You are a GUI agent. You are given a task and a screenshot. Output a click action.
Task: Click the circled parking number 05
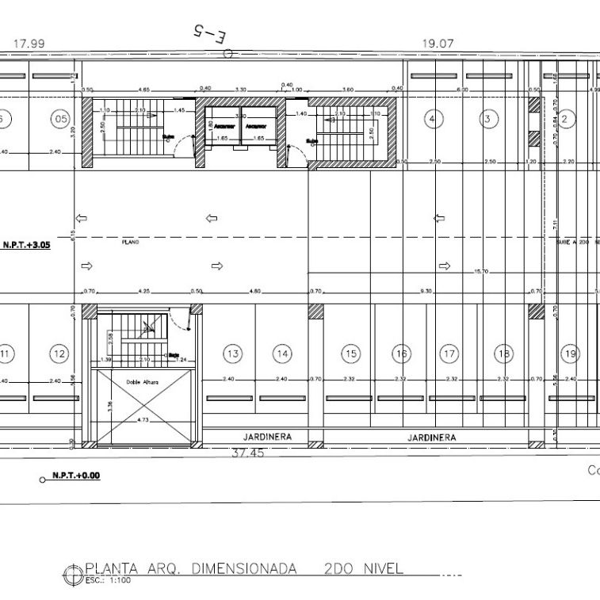(x=60, y=120)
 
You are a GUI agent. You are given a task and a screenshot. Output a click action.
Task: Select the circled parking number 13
(x=232, y=354)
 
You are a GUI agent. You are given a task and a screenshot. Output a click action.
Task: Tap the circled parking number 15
(x=350, y=354)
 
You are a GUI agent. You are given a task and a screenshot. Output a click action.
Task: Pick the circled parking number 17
(x=449, y=354)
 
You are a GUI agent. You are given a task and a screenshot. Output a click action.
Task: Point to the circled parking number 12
(x=59, y=354)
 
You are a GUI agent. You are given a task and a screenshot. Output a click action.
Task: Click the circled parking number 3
(x=488, y=120)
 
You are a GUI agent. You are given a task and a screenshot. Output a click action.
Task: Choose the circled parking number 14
(x=283, y=354)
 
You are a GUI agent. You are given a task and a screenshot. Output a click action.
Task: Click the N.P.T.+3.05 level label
(x=26, y=246)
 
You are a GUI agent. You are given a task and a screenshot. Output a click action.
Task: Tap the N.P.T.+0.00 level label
(x=76, y=476)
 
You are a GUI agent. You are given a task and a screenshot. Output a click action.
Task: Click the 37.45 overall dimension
(x=247, y=454)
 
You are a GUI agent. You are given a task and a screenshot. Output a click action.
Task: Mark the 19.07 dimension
(x=438, y=44)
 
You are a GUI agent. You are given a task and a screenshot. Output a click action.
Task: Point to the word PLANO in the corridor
(x=131, y=241)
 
